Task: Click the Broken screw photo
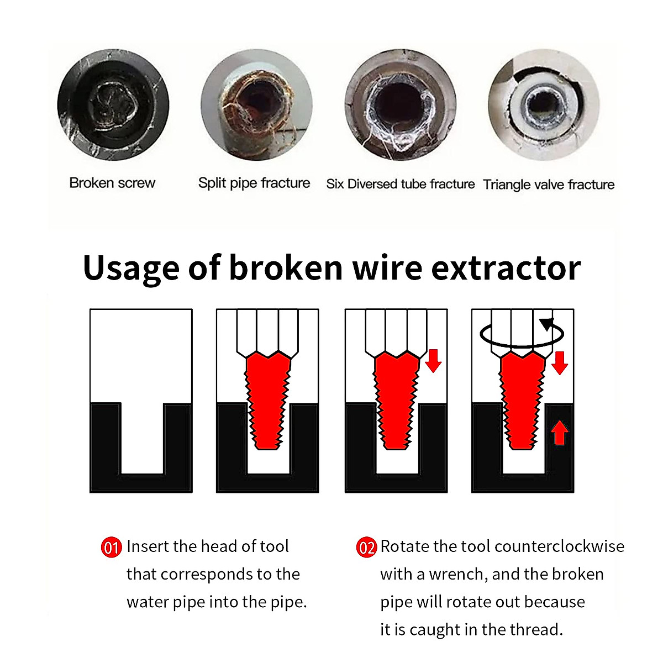(113, 105)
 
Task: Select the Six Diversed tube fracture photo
(401, 105)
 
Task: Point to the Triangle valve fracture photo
(544, 105)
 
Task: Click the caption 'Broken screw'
(112, 183)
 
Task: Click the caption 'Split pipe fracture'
(254, 183)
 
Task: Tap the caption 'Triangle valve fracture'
(549, 185)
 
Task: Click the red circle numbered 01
(111, 548)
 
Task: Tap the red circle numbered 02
(366, 548)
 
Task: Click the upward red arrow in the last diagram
(560, 433)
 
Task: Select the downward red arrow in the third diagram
(434, 360)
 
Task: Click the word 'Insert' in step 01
(147, 546)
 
